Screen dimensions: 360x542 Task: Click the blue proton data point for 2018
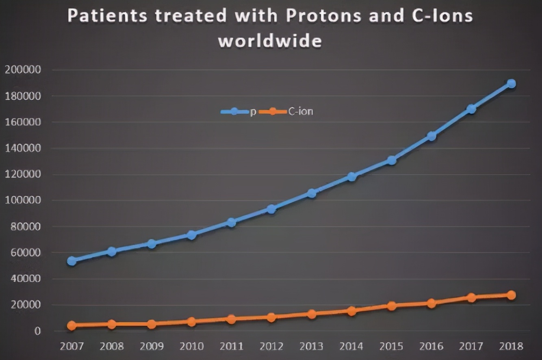pyautogui.click(x=511, y=84)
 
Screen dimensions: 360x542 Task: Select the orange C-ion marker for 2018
pyautogui.click(x=511, y=295)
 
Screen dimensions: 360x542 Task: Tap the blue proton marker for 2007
pyautogui.click(x=72, y=261)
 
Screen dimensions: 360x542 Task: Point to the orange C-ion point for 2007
pyautogui.click(x=72, y=325)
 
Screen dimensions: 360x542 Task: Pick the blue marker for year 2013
pyautogui.click(x=312, y=193)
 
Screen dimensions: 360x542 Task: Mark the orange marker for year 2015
pyautogui.click(x=391, y=306)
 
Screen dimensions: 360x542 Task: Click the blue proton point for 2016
pyautogui.click(x=431, y=136)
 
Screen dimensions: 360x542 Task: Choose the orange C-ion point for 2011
pyautogui.click(x=232, y=319)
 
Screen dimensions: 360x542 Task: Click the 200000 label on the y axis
pyautogui.click(x=23, y=70)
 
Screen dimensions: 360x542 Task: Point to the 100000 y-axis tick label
pyautogui.click(x=23, y=200)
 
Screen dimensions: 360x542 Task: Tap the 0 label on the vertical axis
pyautogui.click(x=37, y=331)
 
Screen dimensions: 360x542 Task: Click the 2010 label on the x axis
pyautogui.click(x=191, y=347)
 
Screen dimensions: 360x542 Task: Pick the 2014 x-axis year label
pyautogui.click(x=351, y=347)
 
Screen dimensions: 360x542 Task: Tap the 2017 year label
pyautogui.click(x=471, y=347)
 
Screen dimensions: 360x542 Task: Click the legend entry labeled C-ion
pyautogui.click(x=301, y=111)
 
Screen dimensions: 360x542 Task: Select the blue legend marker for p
pyautogui.click(x=234, y=111)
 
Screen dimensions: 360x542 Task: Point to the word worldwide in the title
pyautogui.click(x=270, y=41)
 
